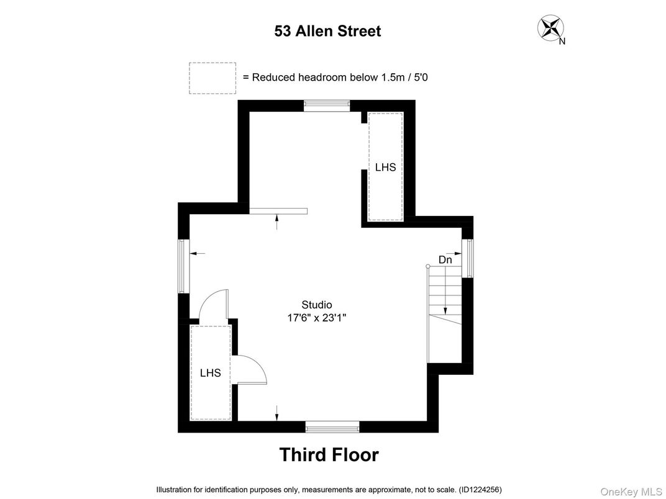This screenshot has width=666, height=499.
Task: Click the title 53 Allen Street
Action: pyautogui.click(x=327, y=31)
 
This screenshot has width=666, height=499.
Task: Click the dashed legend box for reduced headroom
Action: pyautogui.click(x=212, y=78)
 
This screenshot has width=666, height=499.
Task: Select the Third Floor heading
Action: pyautogui.click(x=329, y=455)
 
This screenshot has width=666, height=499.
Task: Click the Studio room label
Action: pyautogui.click(x=317, y=305)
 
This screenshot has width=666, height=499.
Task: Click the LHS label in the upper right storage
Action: pyautogui.click(x=385, y=168)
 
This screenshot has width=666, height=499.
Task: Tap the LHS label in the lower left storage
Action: pyautogui.click(x=211, y=373)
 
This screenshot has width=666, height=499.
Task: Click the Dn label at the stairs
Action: pyautogui.click(x=445, y=260)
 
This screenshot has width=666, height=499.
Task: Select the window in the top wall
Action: pyautogui.click(x=327, y=105)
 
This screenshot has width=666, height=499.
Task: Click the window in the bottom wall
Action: pyautogui.click(x=332, y=426)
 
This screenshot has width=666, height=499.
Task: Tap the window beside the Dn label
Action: pyautogui.click(x=470, y=258)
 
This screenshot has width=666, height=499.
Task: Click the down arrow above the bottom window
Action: pyautogui.click(x=277, y=412)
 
